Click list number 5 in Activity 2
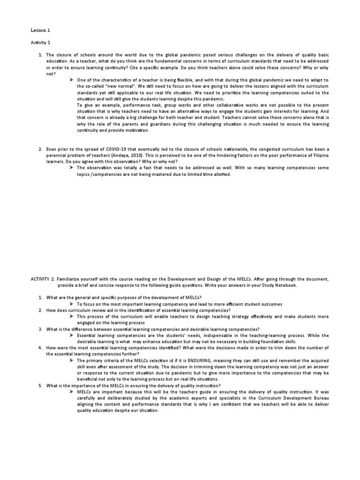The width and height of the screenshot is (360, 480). tap(41, 386)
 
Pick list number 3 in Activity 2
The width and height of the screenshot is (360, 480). tap(41, 330)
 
